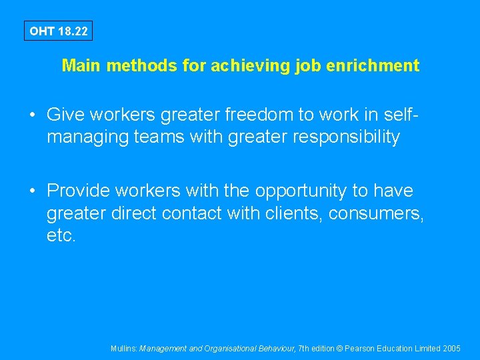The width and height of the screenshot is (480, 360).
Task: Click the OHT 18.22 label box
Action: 58,31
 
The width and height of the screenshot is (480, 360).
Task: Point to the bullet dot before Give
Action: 33,115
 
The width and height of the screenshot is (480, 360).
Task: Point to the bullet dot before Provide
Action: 33,191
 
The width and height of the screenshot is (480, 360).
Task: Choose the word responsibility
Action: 341,137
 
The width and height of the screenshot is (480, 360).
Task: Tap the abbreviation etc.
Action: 61,236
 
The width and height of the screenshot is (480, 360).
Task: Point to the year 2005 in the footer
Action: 451,348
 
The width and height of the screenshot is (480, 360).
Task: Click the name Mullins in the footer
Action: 123,348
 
